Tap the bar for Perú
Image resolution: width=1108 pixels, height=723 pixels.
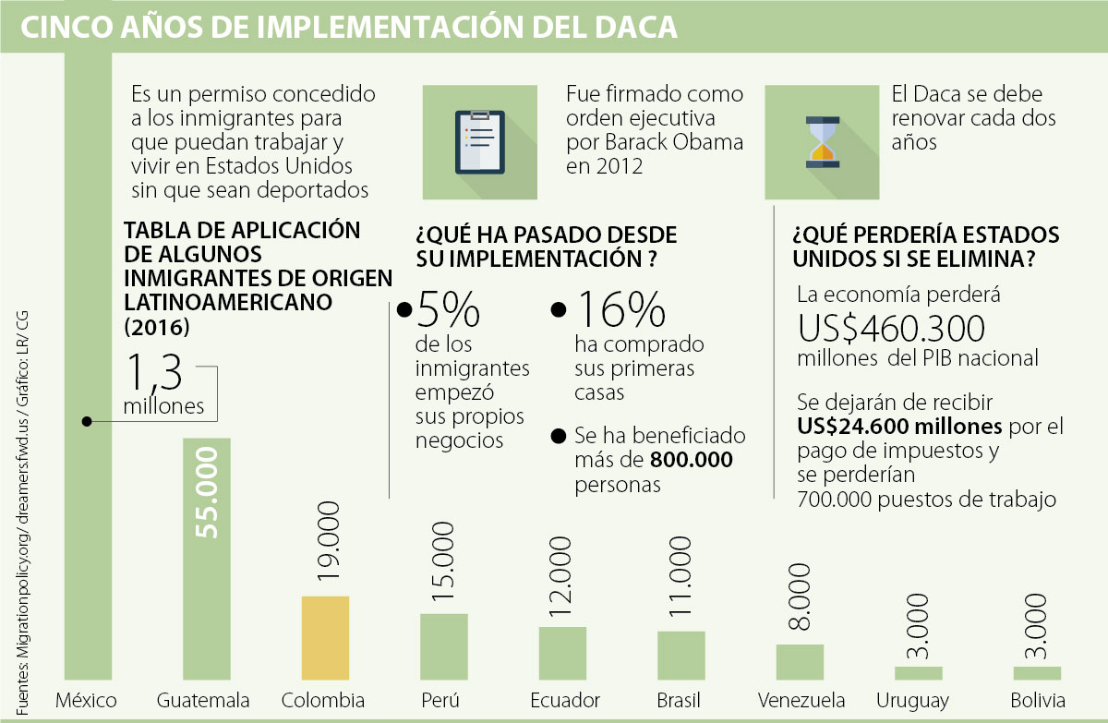coord(444,646)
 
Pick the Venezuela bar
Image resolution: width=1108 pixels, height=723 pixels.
coord(800,662)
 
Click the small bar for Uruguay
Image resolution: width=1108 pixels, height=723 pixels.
coord(918,673)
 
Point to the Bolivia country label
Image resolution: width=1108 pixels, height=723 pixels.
coord(1037,700)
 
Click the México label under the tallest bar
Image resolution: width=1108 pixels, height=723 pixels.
coord(87,700)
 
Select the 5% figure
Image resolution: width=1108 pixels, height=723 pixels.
coord(448,310)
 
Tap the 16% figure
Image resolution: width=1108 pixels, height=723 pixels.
coord(619,310)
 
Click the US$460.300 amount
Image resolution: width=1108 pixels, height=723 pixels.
coord(892,329)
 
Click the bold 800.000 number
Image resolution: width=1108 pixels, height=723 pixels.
coord(692,459)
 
